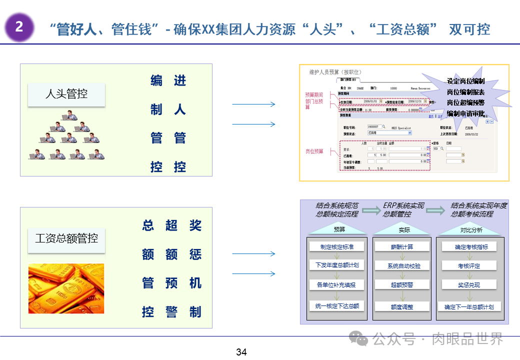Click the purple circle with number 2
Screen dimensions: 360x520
point(19,27)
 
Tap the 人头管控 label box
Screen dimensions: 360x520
point(66,94)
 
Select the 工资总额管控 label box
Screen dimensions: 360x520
point(66,238)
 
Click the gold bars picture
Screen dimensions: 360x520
point(66,288)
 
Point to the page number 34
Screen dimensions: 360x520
point(241,352)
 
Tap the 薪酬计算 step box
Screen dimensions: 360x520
point(401,246)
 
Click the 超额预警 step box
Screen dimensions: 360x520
point(401,284)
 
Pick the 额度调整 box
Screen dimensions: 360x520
point(401,306)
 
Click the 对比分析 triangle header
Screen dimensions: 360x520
point(471,230)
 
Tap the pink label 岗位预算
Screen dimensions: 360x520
point(314,151)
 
